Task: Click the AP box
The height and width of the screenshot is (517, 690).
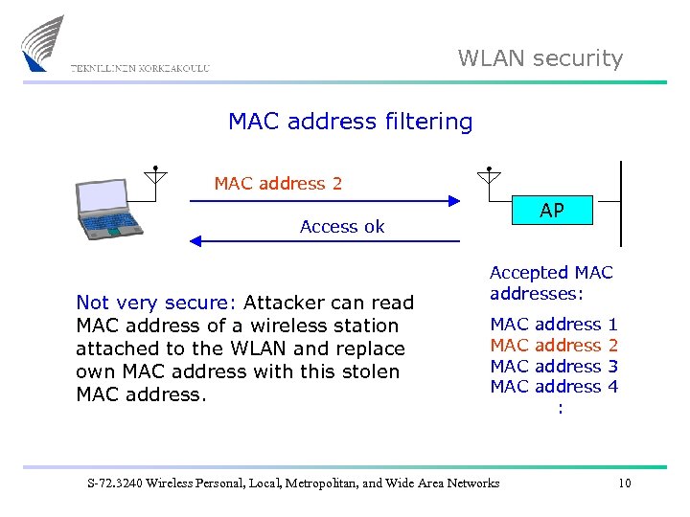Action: point(551,211)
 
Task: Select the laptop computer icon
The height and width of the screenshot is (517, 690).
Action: point(107,209)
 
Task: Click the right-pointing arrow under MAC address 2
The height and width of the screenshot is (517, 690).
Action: point(326,201)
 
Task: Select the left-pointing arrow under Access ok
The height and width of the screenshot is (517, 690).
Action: point(326,241)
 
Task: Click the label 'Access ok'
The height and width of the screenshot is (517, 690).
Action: point(342,227)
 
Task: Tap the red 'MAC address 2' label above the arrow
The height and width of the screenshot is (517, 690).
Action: point(278,183)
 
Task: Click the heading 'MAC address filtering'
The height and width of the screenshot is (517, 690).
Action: point(350,122)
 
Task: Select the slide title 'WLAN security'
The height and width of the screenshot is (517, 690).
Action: point(540,58)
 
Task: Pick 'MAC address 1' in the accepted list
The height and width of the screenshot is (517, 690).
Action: point(554,325)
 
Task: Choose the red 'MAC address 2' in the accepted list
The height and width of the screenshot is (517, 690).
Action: point(554,345)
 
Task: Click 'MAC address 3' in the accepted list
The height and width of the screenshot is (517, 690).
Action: point(554,366)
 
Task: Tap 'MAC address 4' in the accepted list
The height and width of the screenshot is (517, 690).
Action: point(554,386)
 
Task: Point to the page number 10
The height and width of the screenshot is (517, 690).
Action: point(624,483)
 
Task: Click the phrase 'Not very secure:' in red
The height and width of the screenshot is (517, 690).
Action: point(155,303)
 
